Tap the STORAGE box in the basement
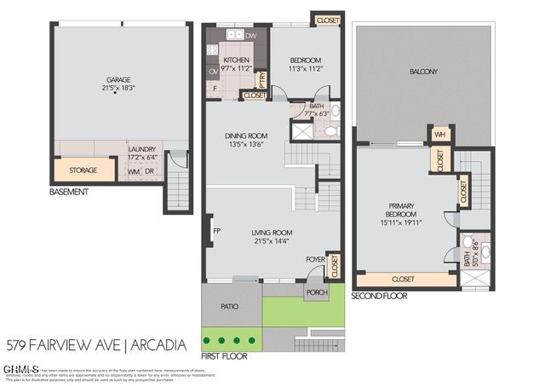click(83, 170)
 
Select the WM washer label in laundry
click(133, 171)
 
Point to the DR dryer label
click(149, 171)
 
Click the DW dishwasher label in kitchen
click(250, 36)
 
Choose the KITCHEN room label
click(236, 60)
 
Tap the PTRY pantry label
click(262, 78)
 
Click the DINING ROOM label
click(246, 135)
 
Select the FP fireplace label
click(217, 231)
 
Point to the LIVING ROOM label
click(272, 233)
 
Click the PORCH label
click(317, 292)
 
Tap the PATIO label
click(230, 306)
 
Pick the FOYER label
click(315, 259)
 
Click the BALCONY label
click(423, 72)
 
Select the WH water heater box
click(440, 134)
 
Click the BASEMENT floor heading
click(68, 193)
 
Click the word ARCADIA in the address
click(159, 345)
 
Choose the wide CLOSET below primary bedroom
click(404, 279)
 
